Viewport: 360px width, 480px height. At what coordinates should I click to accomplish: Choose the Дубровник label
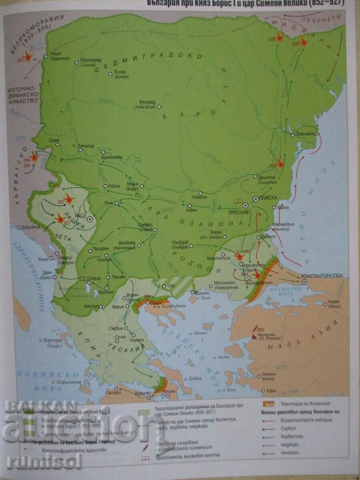click(30, 227)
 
